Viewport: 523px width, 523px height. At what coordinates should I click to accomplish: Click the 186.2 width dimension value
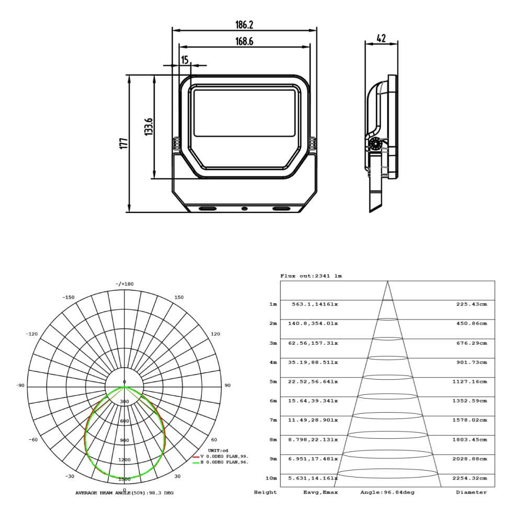click(x=244, y=25)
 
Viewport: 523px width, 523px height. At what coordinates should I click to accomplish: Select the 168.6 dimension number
click(x=244, y=41)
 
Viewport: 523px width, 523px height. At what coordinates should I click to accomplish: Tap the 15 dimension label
click(x=185, y=60)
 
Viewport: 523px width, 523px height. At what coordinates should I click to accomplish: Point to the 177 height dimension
click(x=124, y=143)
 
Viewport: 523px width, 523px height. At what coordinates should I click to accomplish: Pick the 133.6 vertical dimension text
click(x=149, y=127)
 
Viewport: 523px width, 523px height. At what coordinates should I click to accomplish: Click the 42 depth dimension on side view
click(x=381, y=38)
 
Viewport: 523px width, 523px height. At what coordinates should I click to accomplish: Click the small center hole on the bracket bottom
click(x=244, y=209)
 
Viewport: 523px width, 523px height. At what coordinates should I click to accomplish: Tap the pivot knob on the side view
click(x=375, y=144)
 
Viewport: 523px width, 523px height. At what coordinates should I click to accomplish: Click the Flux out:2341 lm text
click(x=311, y=276)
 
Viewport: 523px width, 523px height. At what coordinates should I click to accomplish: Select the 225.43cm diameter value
click(x=471, y=304)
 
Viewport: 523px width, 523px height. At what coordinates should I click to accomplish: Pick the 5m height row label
click(x=273, y=382)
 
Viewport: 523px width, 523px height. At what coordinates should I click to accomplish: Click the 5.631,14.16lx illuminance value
click(x=313, y=478)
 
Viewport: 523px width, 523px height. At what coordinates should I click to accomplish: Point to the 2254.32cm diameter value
click(x=470, y=478)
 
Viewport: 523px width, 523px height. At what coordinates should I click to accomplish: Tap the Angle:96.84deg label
click(x=387, y=492)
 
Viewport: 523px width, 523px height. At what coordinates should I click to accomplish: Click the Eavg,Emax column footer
click(x=320, y=492)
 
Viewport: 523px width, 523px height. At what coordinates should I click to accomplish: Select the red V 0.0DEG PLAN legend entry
click(x=221, y=456)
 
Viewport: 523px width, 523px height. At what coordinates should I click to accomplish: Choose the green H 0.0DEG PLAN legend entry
click(x=221, y=462)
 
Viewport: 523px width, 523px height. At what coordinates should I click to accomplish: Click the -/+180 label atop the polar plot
click(x=124, y=284)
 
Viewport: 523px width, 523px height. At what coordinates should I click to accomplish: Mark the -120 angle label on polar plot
click(x=32, y=334)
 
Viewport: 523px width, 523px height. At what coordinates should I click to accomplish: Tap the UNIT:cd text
click(x=218, y=450)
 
